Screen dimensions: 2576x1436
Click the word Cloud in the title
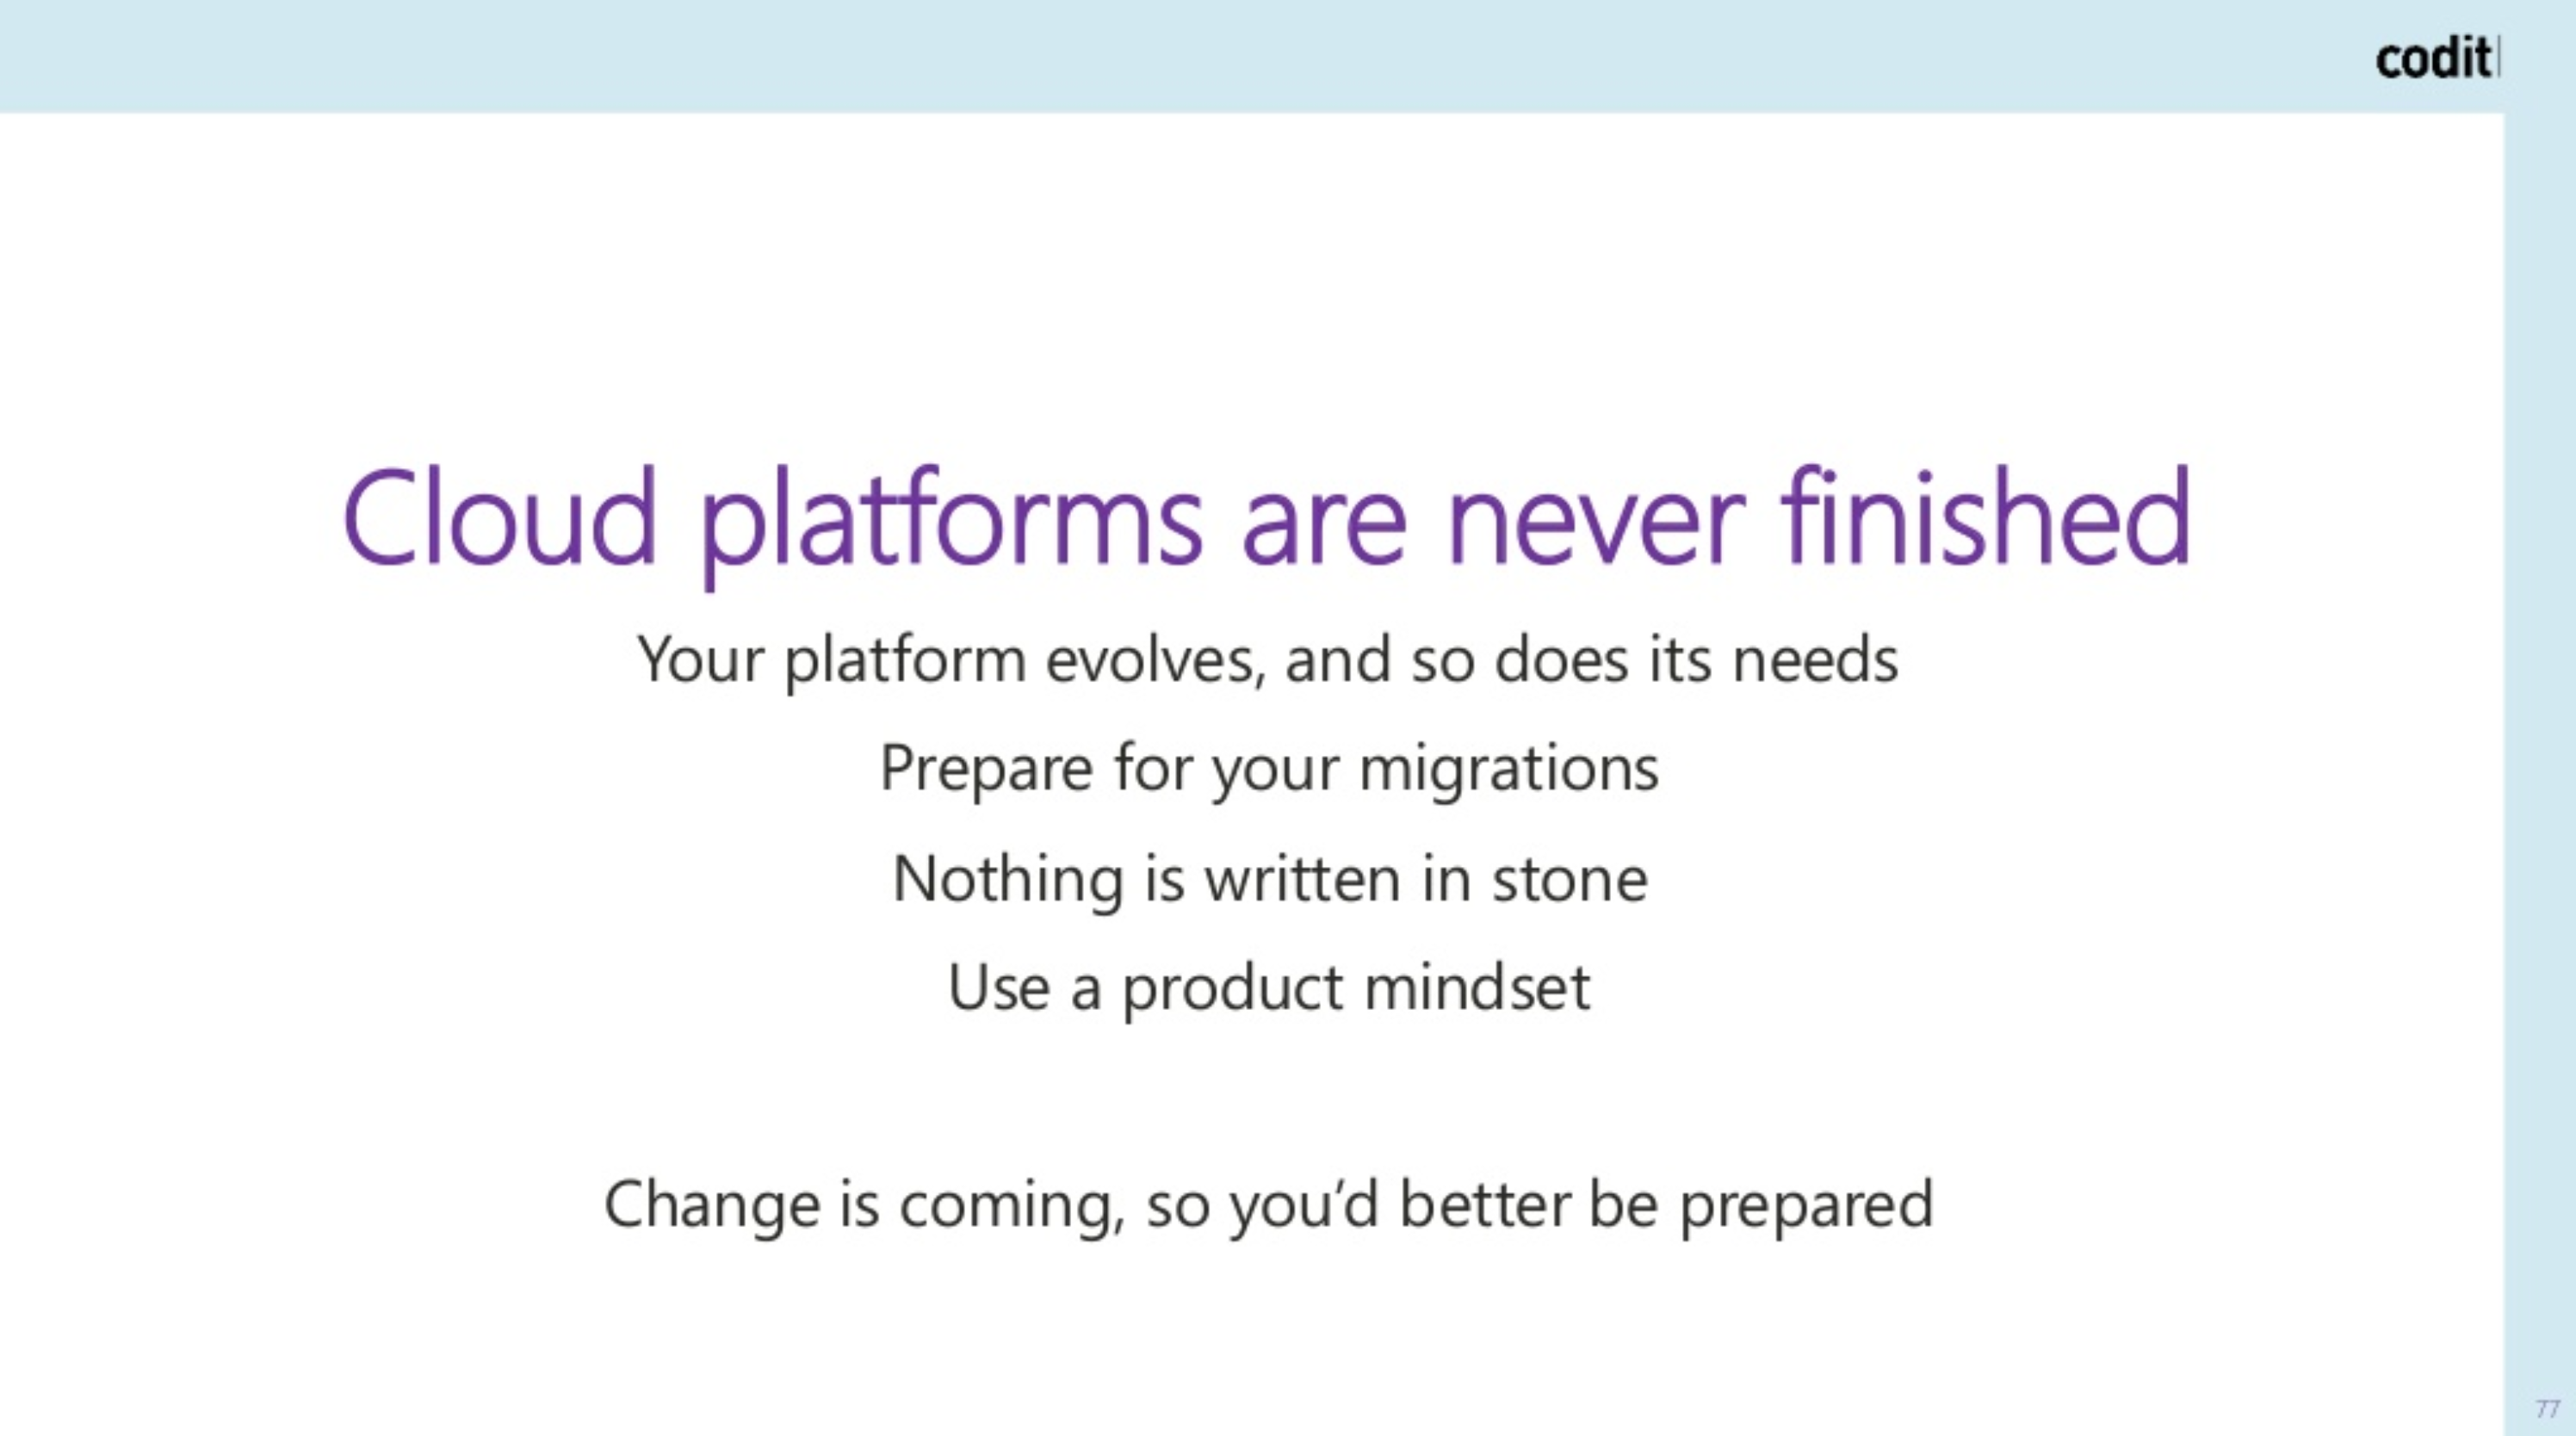click(x=500, y=517)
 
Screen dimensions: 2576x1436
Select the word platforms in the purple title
click(x=950, y=525)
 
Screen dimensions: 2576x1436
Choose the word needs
click(x=1815, y=660)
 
